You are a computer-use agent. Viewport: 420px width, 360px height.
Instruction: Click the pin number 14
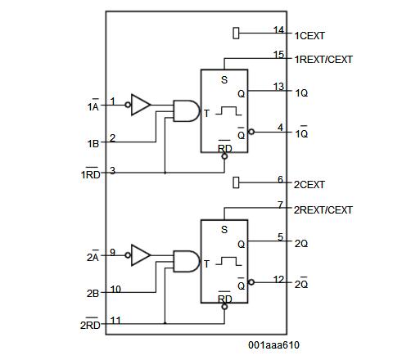pyautogui.click(x=279, y=29)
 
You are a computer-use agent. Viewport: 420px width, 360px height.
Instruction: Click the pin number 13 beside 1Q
pyautogui.click(x=279, y=86)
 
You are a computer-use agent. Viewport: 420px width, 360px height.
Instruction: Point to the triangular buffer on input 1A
pyautogui.click(x=141, y=105)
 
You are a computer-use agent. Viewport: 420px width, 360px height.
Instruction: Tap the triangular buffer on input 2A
pyautogui.click(x=141, y=255)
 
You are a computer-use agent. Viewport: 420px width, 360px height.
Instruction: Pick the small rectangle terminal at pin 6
pyautogui.click(x=237, y=181)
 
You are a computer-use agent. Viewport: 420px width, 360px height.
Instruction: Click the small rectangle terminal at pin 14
pyautogui.click(x=237, y=33)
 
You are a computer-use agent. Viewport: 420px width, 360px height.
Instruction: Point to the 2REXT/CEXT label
pyautogui.click(x=323, y=210)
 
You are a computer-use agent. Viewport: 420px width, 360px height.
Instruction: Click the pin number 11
pyautogui.click(x=115, y=320)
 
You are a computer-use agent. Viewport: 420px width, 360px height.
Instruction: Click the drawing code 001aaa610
pyautogui.click(x=274, y=345)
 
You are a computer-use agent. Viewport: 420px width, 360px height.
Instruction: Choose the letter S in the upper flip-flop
pyautogui.click(x=224, y=80)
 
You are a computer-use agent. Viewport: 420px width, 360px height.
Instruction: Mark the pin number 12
pyautogui.click(x=279, y=279)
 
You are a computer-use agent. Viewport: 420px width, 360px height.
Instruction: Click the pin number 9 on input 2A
pyautogui.click(x=113, y=252)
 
